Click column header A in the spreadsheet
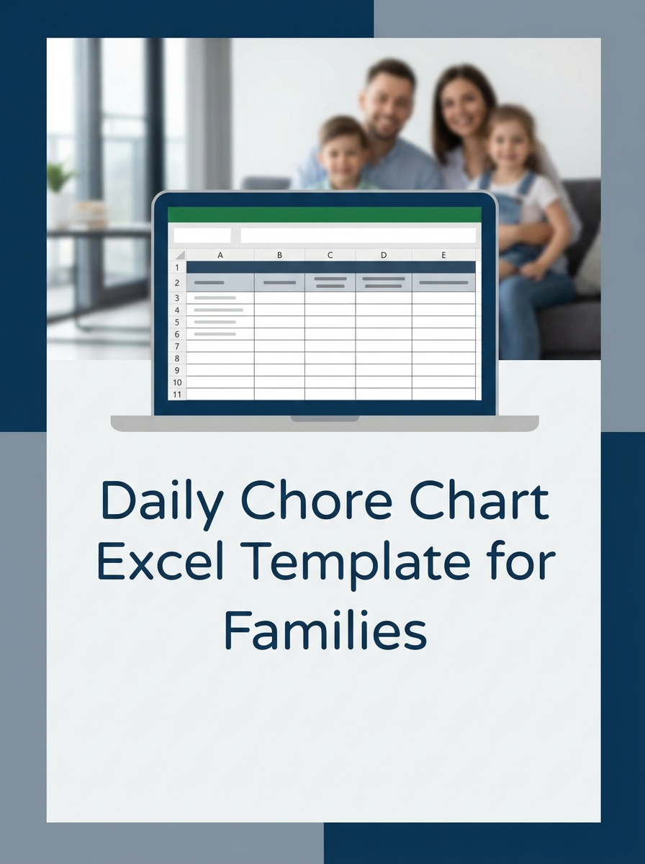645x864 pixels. tap(220, 255)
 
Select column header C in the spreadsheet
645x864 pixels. tap(330, 255)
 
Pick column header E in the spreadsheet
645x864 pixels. tap(443, 255)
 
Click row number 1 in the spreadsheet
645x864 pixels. tap(177, 267)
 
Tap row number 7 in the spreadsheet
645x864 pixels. tap(177, 346)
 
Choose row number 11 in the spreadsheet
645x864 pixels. tap(177, 395)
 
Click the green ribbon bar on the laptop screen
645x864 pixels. tap(324, 215)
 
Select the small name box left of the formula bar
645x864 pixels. tap(202, 235)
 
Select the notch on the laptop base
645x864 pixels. tap(325, 418)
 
